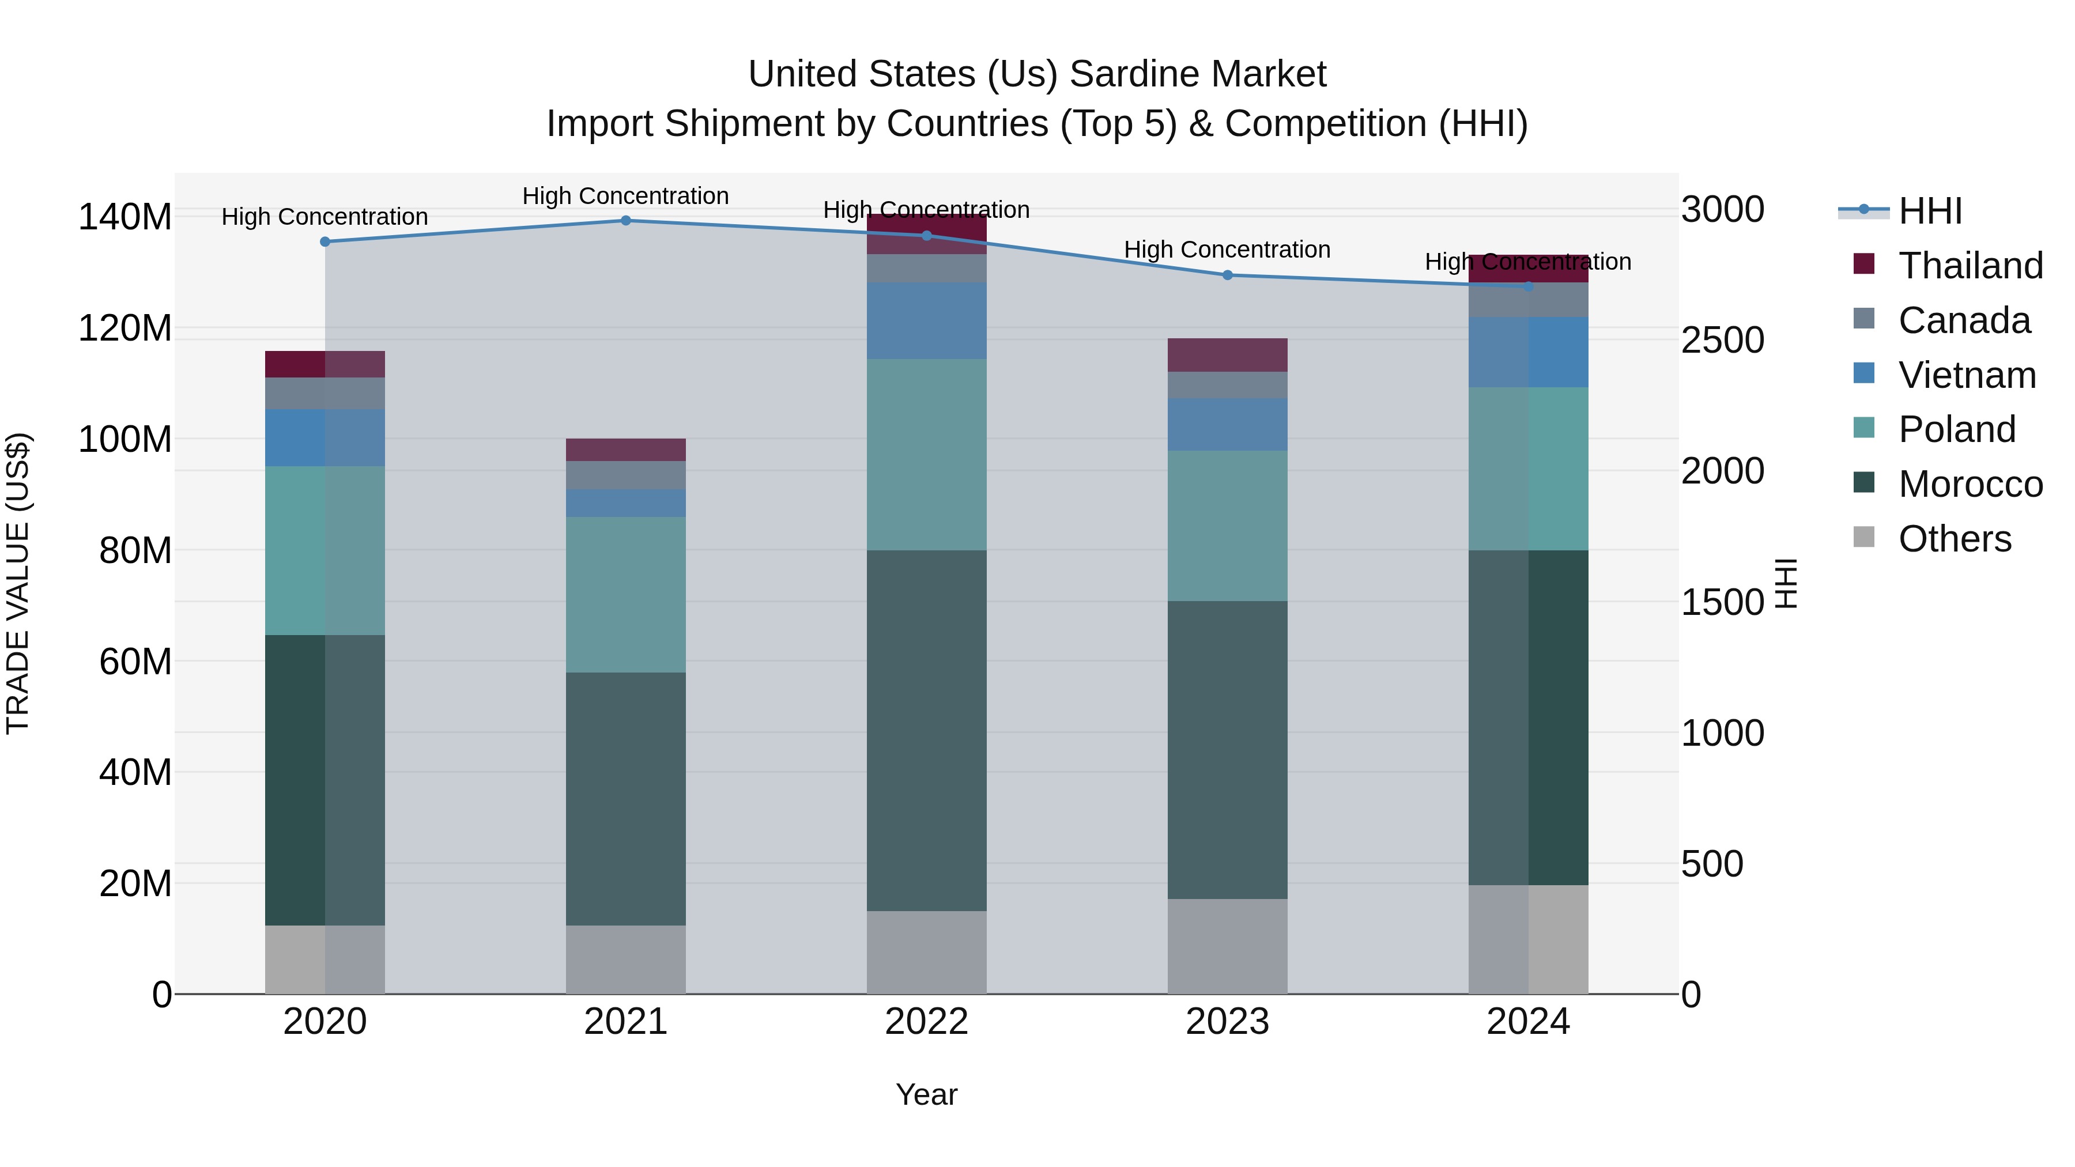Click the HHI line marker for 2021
point(626,221)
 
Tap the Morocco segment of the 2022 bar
point(926,731)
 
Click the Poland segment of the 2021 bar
point(626,594)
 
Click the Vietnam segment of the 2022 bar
point(926,320)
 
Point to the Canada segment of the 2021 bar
point(626,475)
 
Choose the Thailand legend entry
point(1970,266)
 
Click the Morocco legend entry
point(1970,484)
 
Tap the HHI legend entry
point(1929,211)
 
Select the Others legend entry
point(1953,539)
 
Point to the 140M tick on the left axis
point(125,217)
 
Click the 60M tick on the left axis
point(135,662)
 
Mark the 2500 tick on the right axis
point(1722,340)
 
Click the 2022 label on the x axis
point(926,1022)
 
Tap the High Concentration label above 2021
point(626,196)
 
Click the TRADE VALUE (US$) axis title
point(18,583)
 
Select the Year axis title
point(926,1094)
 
